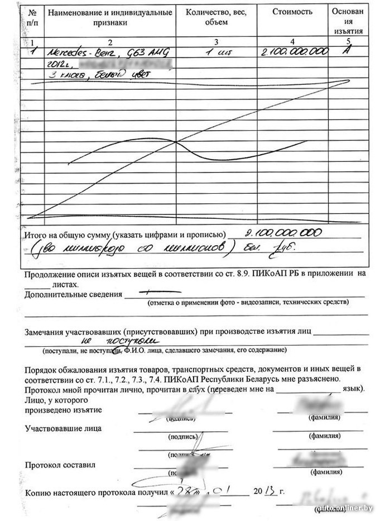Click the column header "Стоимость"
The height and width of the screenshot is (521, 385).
coord(291,11)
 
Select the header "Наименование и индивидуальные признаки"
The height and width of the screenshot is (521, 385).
coord(110,17)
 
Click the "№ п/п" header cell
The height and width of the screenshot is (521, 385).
coord(35,17)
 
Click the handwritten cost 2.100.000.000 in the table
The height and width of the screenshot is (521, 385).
coord(293,52)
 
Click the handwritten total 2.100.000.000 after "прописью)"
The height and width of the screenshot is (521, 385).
coord(283,233)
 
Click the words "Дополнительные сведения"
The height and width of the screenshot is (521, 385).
coord(73,294)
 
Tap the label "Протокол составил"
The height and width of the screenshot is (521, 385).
coord(60,465)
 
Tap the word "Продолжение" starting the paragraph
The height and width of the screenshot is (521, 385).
coord(49,274)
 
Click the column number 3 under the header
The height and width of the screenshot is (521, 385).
coord(215,42)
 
